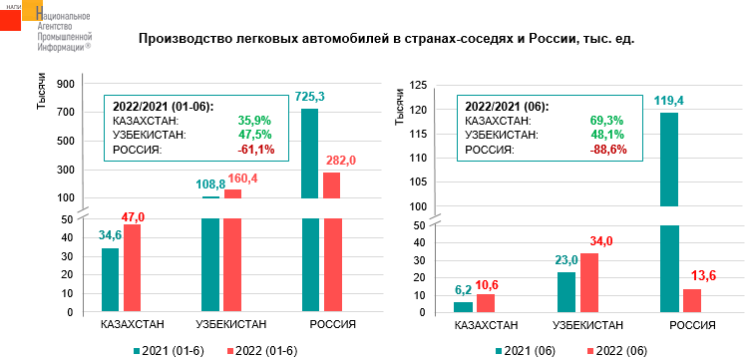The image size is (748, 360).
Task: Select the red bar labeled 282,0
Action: click(331, 185)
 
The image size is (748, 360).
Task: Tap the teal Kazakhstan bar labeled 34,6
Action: click(110, 280)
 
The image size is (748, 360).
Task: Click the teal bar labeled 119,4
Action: click(669, 160)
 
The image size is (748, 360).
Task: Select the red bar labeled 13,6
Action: click(691, 301)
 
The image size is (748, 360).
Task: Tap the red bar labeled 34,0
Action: click(588, 283)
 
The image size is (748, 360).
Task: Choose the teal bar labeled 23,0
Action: click(566, 292)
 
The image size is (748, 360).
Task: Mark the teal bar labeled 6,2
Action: click(463, 307)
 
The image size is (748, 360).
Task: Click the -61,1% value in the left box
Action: click(256, 151)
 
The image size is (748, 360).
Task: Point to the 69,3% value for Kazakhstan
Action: click(608, 121)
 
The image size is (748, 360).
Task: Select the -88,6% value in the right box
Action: click(608, 151)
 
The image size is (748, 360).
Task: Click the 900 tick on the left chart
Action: click(66, 84)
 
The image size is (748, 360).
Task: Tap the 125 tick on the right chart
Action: click(418, 86)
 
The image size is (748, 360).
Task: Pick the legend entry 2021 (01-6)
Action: click(169, 351)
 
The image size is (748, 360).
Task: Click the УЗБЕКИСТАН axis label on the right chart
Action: click(587, 326)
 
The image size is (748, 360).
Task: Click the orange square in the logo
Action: click(32, 10)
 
